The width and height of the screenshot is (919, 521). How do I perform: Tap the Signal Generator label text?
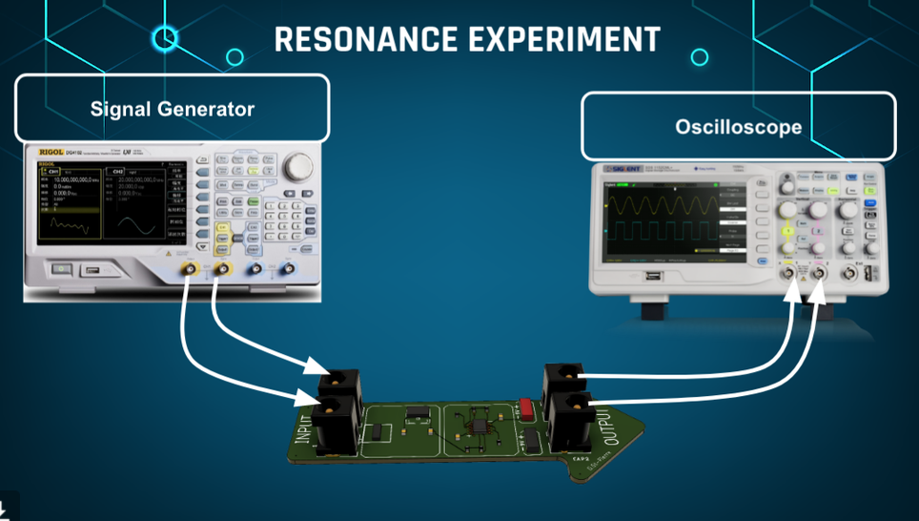[x=173, y=109]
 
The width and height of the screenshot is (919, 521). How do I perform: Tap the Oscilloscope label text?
[x=738, y=126]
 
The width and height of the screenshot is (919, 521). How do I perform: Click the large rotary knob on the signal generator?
[x=299, y=166]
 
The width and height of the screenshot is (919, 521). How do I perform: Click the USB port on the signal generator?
[x=91, y=271]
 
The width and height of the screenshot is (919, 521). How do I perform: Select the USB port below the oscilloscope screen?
[x=652, y=277]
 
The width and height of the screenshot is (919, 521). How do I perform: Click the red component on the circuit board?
[x=527, y=408]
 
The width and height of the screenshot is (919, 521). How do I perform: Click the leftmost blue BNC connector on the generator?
[x=255, y=270]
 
